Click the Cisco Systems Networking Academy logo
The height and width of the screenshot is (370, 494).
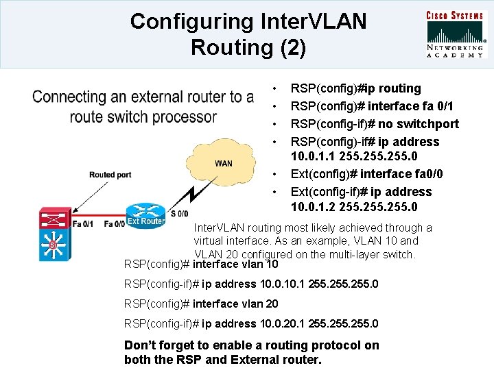[456, 34]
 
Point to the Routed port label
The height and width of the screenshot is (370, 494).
[110, 175]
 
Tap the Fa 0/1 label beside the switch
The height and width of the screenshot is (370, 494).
[83, 223]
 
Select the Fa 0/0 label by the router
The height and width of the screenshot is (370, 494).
[114, 223]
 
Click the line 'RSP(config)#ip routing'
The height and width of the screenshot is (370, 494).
[355, 88]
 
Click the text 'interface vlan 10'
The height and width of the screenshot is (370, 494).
[235, 264]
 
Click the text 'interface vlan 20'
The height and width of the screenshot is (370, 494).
[235, 304]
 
